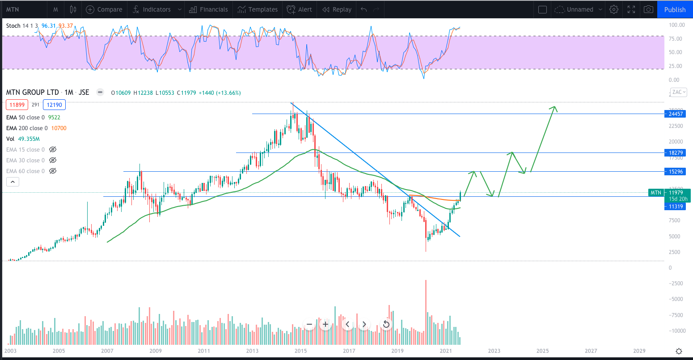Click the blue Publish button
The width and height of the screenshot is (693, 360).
tap(675, 9)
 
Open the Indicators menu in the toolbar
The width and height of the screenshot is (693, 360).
tap(156, 9)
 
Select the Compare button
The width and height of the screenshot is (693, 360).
tap(104, 9)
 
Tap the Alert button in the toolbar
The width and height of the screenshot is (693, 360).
tap(300, 9)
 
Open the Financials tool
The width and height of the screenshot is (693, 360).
tap(208, 9)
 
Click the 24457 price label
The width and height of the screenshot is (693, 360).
tap(676, 114)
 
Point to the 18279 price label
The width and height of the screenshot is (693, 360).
tap(676, 153)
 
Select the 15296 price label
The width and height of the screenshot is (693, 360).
tap(676, 172)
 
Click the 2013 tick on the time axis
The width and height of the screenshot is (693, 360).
tap(253, 351)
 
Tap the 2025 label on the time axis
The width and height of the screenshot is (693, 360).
tap(542, 351)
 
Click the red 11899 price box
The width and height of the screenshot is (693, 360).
tap(17, 105)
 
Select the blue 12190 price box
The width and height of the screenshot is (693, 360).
tap(55, 105)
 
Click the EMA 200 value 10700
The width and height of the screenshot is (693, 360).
tap(59, 128)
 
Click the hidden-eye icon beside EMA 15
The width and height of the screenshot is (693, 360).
tap(53, 150)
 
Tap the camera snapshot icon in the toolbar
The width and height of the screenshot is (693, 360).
tap(647, 9)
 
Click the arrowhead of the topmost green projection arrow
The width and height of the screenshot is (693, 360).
tap(555, 107)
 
